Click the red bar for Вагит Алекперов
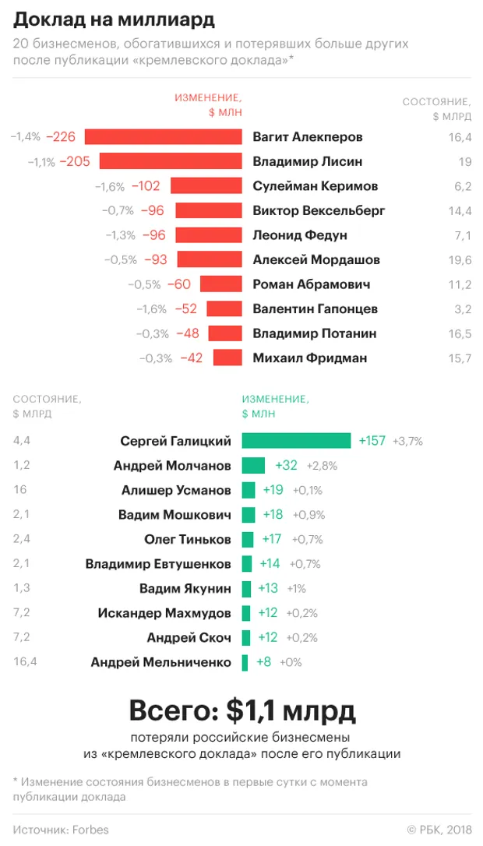(164, 137)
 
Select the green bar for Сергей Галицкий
(296, 441)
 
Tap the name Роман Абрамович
(312, 284)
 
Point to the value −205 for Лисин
(75, 162)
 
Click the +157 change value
(372, 441)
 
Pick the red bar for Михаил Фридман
(227, 358)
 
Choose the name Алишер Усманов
(176, 490)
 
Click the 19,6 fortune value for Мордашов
(460, 260)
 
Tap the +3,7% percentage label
(408, 442)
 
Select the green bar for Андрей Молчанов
(253, 466)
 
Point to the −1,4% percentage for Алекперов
(26, 137)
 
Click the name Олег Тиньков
(188, 539)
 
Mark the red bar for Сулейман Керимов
(206, 186)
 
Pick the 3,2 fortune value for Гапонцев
(463, 309)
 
